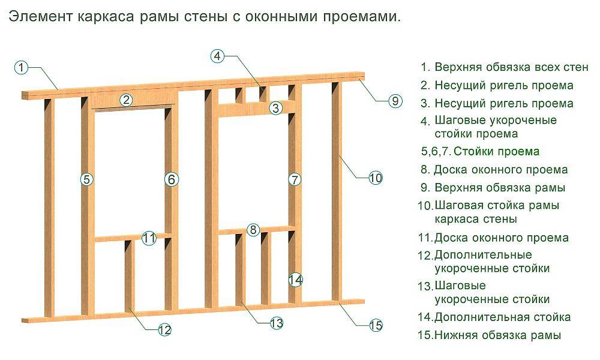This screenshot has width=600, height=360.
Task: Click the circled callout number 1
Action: tap(22, 67)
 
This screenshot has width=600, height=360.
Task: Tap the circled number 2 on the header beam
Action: tap(126, 100)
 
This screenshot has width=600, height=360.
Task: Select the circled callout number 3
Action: tap(275, 109)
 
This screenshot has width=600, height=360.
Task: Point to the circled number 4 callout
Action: tap(218, 56)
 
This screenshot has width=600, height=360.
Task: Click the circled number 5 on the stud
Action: tap(87, 179)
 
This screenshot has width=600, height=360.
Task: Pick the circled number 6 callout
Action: tap(172, 179)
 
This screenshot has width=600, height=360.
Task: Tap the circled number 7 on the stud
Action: tap(294, 179)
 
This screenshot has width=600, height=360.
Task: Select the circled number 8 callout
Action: tap(253, 230)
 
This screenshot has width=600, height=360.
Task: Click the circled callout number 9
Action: tap(395, 101)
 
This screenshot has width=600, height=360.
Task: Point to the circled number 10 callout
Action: tap(375, 178)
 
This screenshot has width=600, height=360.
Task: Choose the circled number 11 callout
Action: tap(149, 238)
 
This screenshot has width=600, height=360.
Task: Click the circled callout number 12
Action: tap(164, 329)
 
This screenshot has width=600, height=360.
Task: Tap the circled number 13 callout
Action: tap(275, 323)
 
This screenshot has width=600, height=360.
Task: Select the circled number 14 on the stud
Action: tap(295, 280)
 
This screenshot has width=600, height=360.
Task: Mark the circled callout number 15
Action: tap(376, 326)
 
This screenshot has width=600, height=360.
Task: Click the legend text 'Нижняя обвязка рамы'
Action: tap(497, 335)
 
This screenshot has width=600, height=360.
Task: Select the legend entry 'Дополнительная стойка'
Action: tap(502, 317)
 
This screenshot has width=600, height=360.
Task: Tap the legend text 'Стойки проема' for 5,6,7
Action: tap(496, 151)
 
